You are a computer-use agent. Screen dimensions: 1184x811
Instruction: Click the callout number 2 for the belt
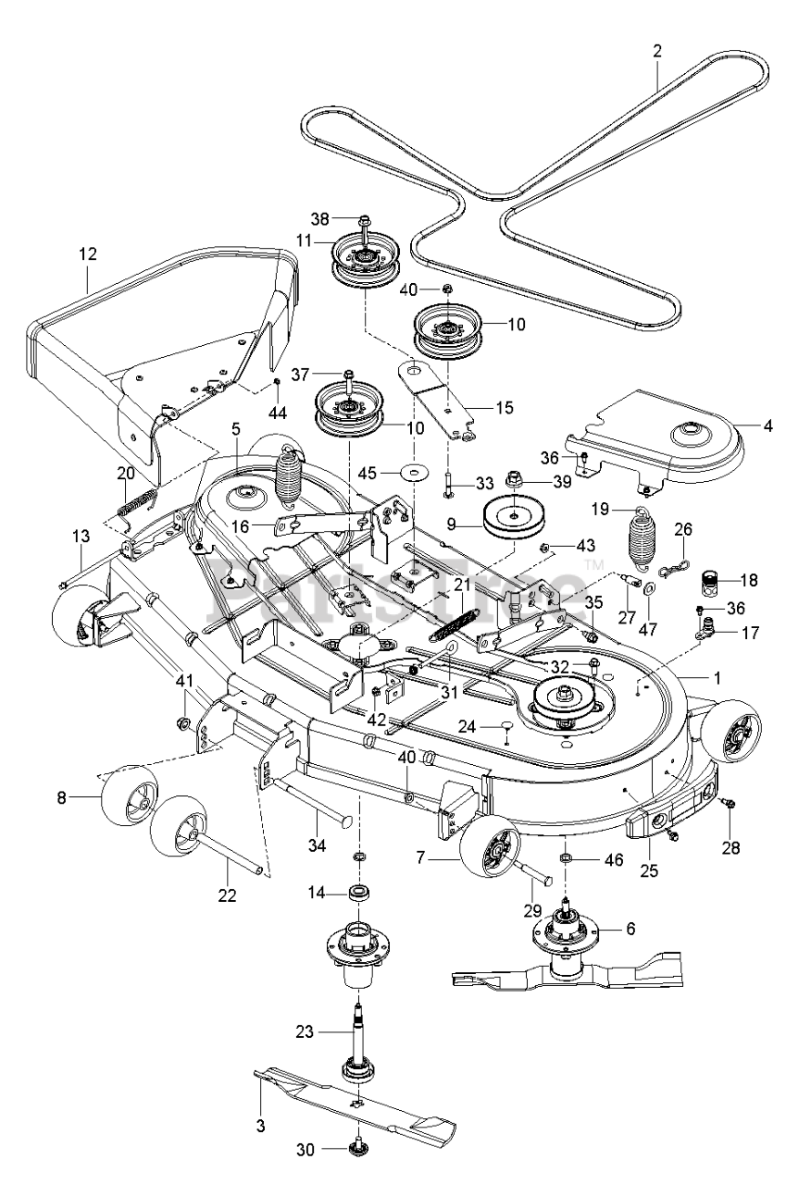[657, 52]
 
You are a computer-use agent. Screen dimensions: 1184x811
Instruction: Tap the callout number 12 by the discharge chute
[88, 253]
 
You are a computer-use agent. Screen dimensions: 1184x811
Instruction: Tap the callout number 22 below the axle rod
[227, 894]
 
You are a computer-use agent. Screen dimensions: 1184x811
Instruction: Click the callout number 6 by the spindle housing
[630, 930]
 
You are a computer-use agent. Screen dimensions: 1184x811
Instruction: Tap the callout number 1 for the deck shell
[716, 676]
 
